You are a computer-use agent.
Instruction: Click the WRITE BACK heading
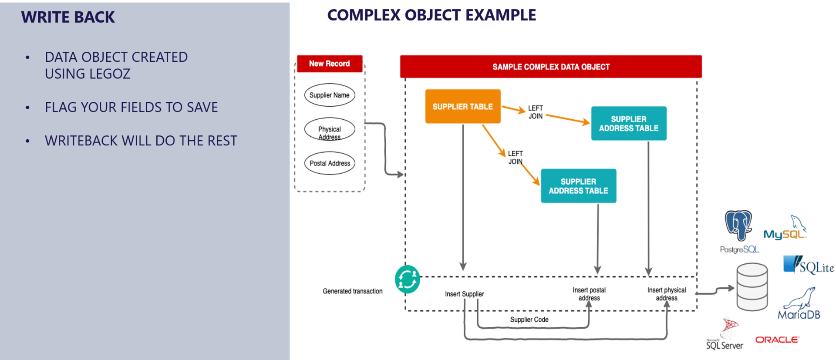[68, 17]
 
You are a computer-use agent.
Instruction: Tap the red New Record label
[329, 64]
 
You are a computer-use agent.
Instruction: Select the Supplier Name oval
[330, 95]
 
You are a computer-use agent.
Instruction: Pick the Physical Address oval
[330, 129]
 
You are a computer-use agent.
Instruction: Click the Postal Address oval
[330, 163]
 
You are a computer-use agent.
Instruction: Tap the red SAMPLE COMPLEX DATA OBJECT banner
[551, 67]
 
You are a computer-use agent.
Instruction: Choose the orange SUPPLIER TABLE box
[463, 107]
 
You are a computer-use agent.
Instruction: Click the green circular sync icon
[407, 279]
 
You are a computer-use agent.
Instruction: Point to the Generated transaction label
[353, 291]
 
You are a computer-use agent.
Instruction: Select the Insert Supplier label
[464, 294]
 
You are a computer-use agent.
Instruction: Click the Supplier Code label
[529, 320]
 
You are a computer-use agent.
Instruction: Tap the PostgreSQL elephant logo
[738, 225]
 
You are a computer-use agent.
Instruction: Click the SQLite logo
[808, 265]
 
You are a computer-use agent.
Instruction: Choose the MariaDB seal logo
[799, 305]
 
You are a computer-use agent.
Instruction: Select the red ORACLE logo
[777, 340]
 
